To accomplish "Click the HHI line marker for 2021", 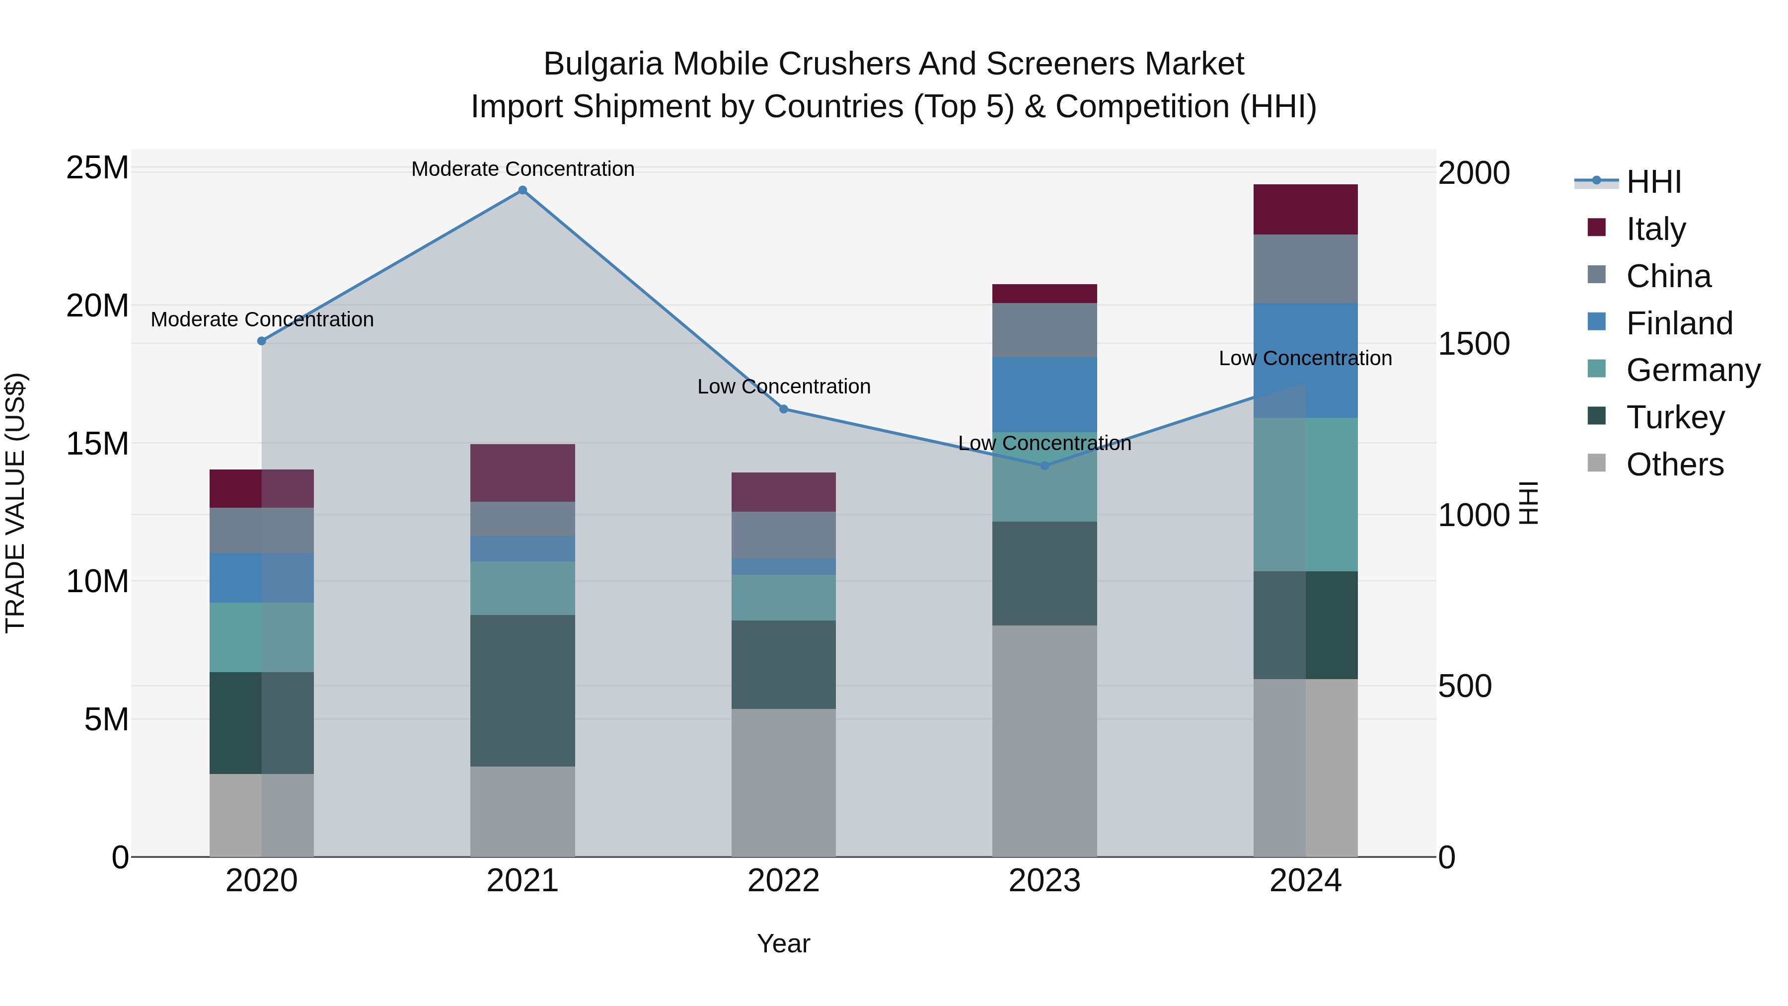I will pyautogui.click(x=522, y=190).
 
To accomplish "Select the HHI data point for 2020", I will pyautogui.click(x=262, y=341).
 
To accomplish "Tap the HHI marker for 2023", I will pyautogui.click(x=1044, y=466).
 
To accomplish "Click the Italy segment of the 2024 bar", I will pyautogui.click(x=1305, y=209).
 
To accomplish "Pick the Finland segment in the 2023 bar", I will pyautogui.click(x=1044, y=394).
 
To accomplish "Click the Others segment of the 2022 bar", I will pyautogui.click(x=784, y=782).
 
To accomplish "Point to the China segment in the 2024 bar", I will pyautogui.click(x=1305, y=269).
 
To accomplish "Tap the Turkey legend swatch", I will pyautogui.click(x=1596, y=417).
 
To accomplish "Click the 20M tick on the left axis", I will pyautogui.click(x=97, y=306).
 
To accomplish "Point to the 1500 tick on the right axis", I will pyautogui.click(x=1474, y=344).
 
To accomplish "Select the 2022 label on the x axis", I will pyautogui.click(x=784, y=881).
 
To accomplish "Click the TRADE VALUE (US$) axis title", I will pyautogui.click(x=15, y=503).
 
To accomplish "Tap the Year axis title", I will pyautogui.click(x=784, y=943).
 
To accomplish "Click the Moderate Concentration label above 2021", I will pyautogui.click(x=522, y=169).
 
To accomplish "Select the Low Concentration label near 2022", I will pyautogui.click(x=784, y=386).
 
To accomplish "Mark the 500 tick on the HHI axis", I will pyautogui.click(x=1465, y=686).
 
